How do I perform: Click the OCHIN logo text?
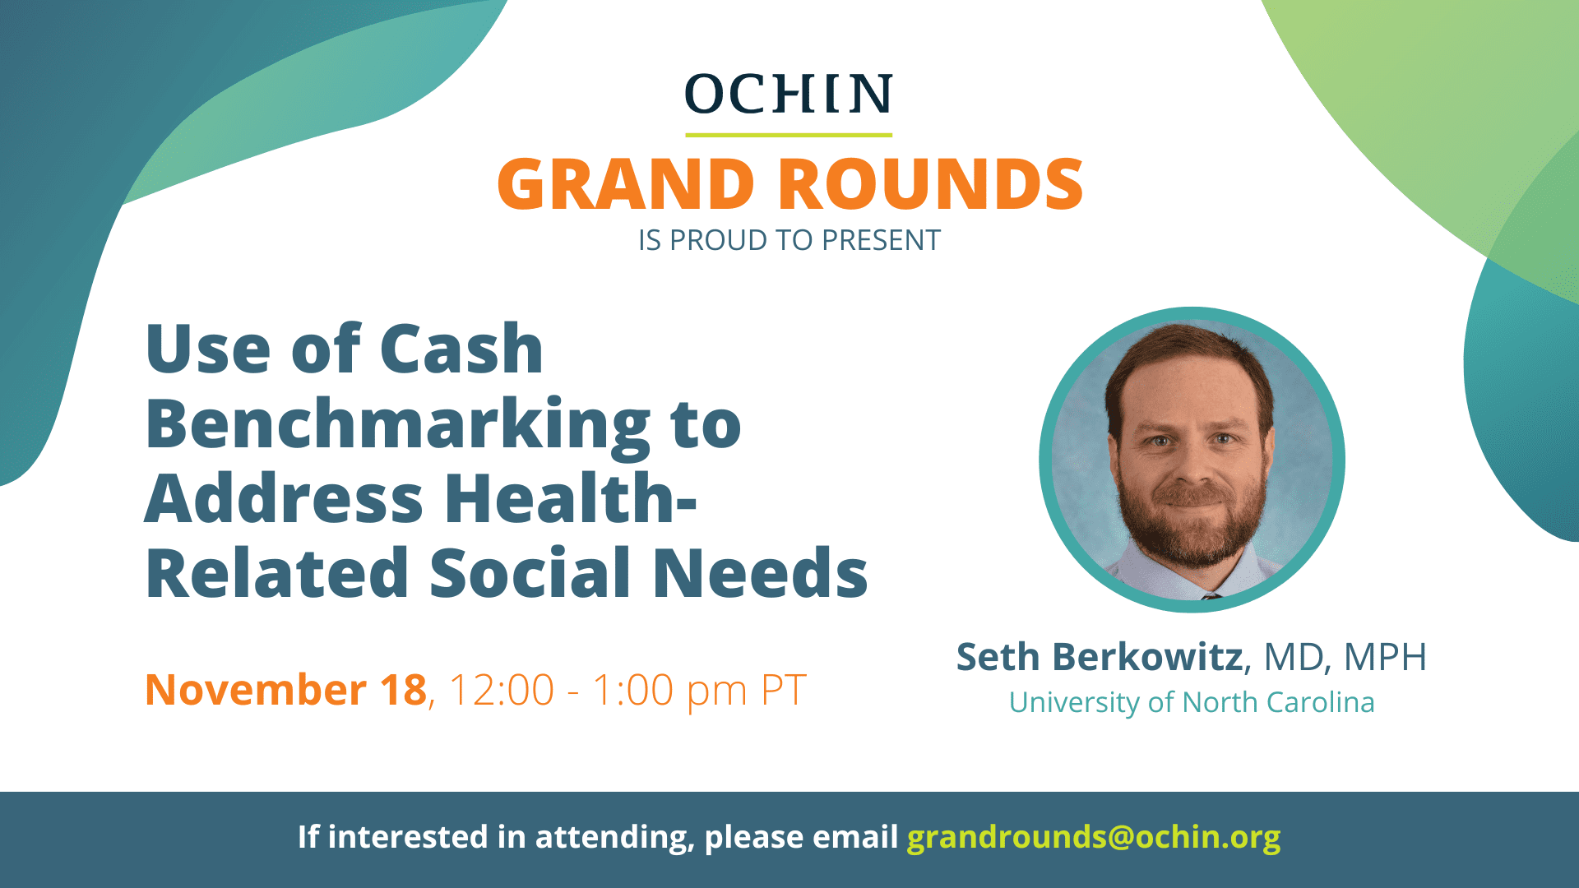click(789, 94)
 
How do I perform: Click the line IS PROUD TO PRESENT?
click(789, 240)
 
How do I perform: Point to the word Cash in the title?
click(461, 349)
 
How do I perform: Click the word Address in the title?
click(284, 498)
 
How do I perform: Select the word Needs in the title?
click(760, 572)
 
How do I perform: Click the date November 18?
click(286, 689)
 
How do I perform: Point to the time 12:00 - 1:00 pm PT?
click(627, 691)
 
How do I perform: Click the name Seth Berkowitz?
click(1100, 657)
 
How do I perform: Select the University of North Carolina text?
click(1192, 702)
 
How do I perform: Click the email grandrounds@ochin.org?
click(1094, 837)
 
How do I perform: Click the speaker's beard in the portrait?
click(1192, 526)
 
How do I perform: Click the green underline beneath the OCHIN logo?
click(789, 135)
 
